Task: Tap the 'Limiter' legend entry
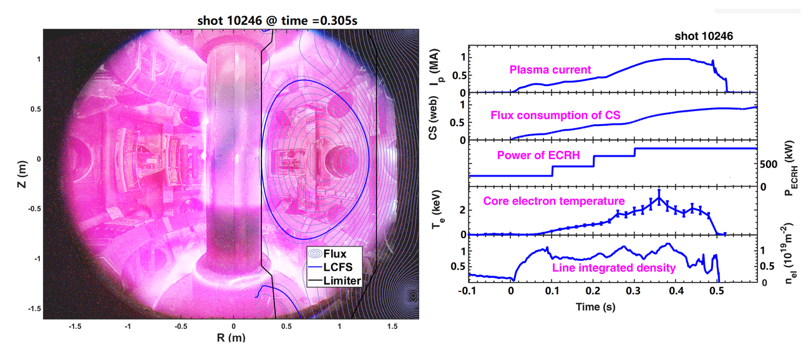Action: [340, 281]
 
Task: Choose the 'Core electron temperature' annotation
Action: [553, 201]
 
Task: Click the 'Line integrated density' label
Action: [614, 268]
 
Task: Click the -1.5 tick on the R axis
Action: [75, 326]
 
